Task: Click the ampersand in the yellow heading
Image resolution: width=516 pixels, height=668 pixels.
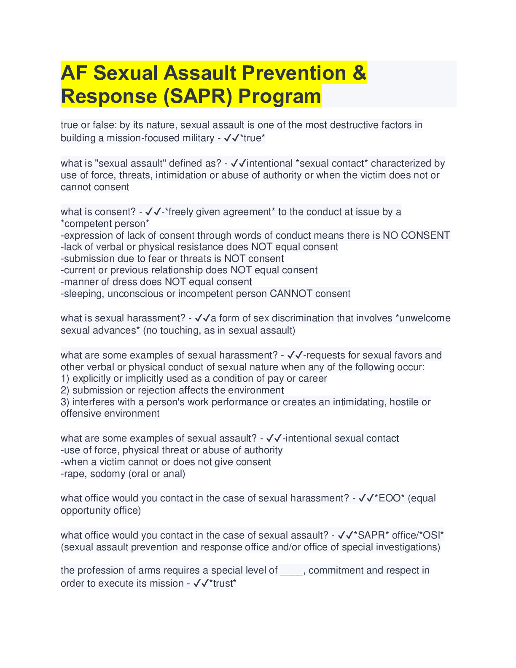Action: coord(359,73)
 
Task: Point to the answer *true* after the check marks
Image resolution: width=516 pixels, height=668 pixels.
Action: coord(253,138)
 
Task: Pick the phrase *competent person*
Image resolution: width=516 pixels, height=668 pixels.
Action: coord(105,224)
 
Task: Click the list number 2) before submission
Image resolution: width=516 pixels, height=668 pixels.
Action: coord(65,390)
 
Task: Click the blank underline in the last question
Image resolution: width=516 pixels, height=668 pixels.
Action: coord(292,571)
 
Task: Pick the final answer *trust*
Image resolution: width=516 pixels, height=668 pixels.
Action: coord(223,584)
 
